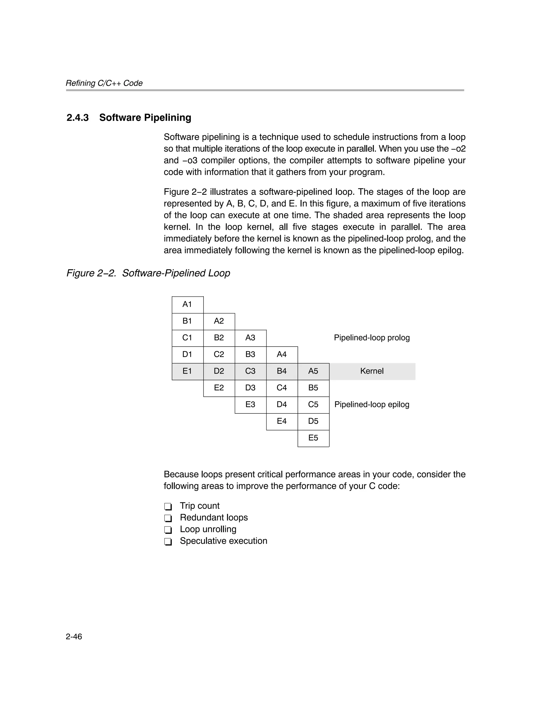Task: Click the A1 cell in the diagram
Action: pyautogui.click(x=187, y=305)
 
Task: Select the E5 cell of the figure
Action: pyautogui.click(x=313, y=438)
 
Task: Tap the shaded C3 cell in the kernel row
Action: pyautogui.click(x=250, y=371)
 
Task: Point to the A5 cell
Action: pyautogui.click(x=313, y=371)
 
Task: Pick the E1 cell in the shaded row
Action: pyautogui.click(x=187, y=371)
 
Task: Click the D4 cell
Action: pyautogui.click(x=282, y=405)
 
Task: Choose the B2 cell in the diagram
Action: pyautogui.click(x=219, y=338)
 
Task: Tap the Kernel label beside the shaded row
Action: pyautogui.click(x=372, y=371)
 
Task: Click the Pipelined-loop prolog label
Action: pyautogui.click(x=372, y=338)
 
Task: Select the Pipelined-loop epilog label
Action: pyautogui.click(x=372, y=405)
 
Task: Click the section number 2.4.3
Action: pyautogui.click(x=78, y=118)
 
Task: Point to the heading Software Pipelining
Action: pyautogui.click(x=145, y=118)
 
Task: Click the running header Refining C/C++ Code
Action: pyautogui.click(x=104, y=83)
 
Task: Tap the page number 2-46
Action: pyautogui.click(x=74, y=637)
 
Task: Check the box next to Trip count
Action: pyautogui.click(x=168, y=507)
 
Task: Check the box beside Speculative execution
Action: pyautogui.click(x=168, y=542)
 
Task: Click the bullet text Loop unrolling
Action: pyautogui.click(x=208, y=529)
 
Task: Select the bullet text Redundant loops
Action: pyautogui.click(x=214, y=518)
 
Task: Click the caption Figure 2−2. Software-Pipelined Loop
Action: pyautogui.click(x=148, y=273)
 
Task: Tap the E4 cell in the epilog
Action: pyautogui.click(x=282, y=421)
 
